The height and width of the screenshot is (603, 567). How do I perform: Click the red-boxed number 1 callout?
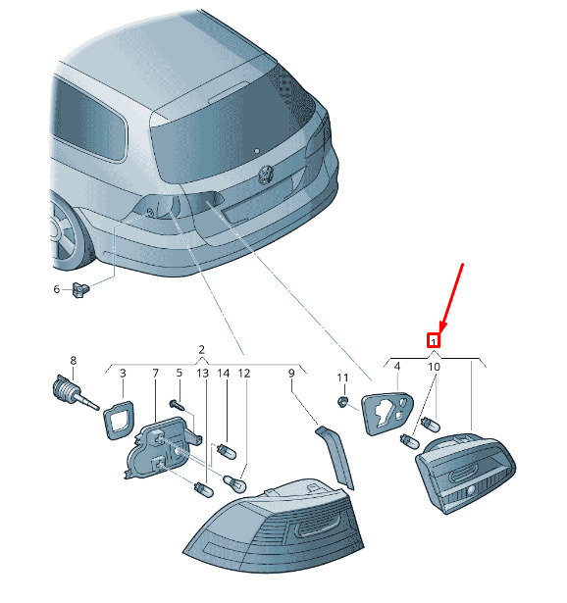(434, 340)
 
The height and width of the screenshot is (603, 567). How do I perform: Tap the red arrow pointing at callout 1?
(451, 298)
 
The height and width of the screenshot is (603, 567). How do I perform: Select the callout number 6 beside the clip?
(57, 289)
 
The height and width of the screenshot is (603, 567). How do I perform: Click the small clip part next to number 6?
(80, 289)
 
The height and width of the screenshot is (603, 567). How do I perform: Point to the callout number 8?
(74, 361)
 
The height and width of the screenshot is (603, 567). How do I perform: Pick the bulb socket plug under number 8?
(75, 392)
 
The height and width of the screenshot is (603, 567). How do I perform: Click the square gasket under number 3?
(119, 420)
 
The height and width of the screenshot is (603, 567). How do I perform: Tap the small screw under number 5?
(178, 405)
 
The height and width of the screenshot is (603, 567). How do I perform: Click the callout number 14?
(223, 373)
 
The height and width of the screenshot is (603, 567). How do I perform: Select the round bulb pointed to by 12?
(234, 482)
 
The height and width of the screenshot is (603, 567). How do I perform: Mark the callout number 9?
(291, 373)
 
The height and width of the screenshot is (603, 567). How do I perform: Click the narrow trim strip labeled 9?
(335, 458)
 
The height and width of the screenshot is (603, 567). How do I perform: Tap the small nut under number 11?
(342, 402)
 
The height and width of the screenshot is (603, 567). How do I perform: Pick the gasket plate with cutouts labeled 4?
(387, 414)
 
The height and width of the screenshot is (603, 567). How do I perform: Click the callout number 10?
(434, 367)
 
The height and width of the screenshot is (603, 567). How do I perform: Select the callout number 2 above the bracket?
(201, 350)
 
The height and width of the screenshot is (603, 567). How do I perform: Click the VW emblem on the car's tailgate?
(266, 174)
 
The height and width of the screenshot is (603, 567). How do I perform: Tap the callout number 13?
(202, 373)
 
